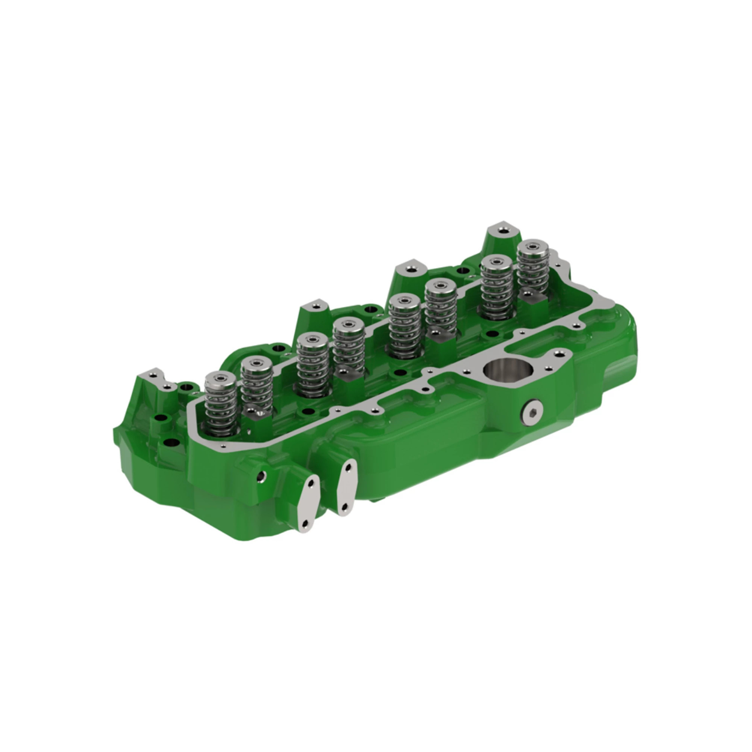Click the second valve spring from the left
[256, 384]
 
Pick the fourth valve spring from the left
[349, 344]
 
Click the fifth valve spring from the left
[405, 325]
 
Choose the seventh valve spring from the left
[496, 287]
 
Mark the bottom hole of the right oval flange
[344, 506]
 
